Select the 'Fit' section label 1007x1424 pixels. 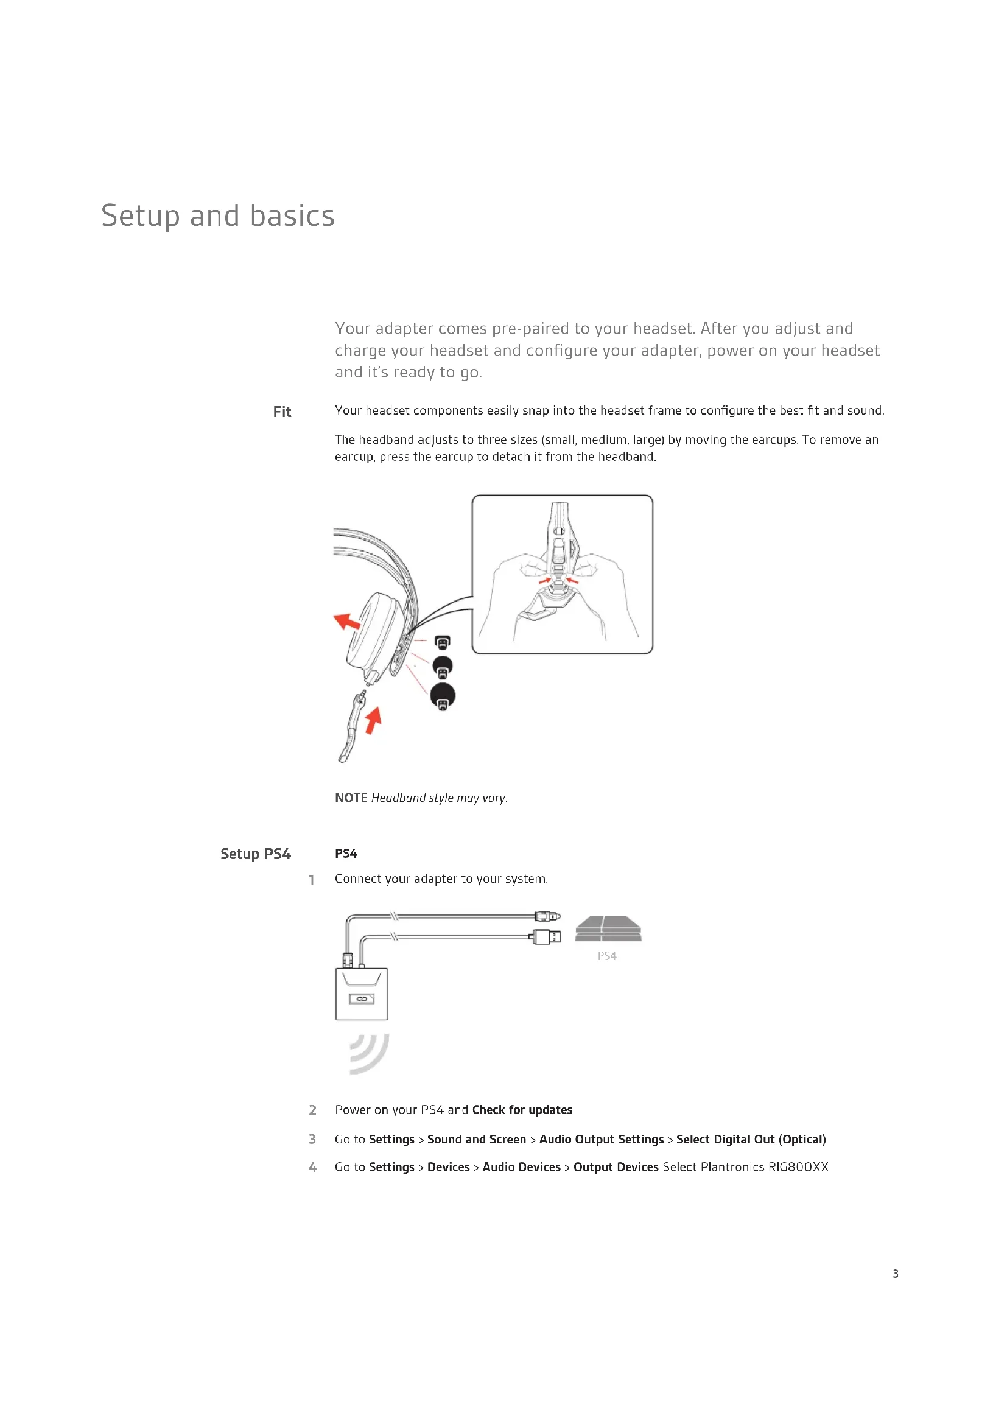282,412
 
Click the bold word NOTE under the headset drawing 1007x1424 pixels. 351,798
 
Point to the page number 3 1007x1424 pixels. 895,1273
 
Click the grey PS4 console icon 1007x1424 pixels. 608,928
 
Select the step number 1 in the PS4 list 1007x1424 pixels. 311,880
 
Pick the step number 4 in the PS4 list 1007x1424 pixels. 312,1167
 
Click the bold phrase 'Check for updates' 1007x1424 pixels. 522,1110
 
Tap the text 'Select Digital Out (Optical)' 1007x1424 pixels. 751,1139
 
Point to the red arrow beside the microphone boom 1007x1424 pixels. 373,720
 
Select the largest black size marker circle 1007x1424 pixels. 443,696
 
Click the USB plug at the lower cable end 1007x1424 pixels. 547,936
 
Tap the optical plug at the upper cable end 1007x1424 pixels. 547,916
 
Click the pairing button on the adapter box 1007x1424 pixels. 362,998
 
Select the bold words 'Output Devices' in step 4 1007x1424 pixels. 615,1167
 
